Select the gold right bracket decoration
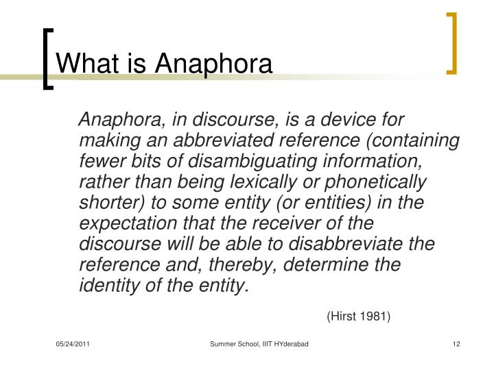[x=451, y=42]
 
